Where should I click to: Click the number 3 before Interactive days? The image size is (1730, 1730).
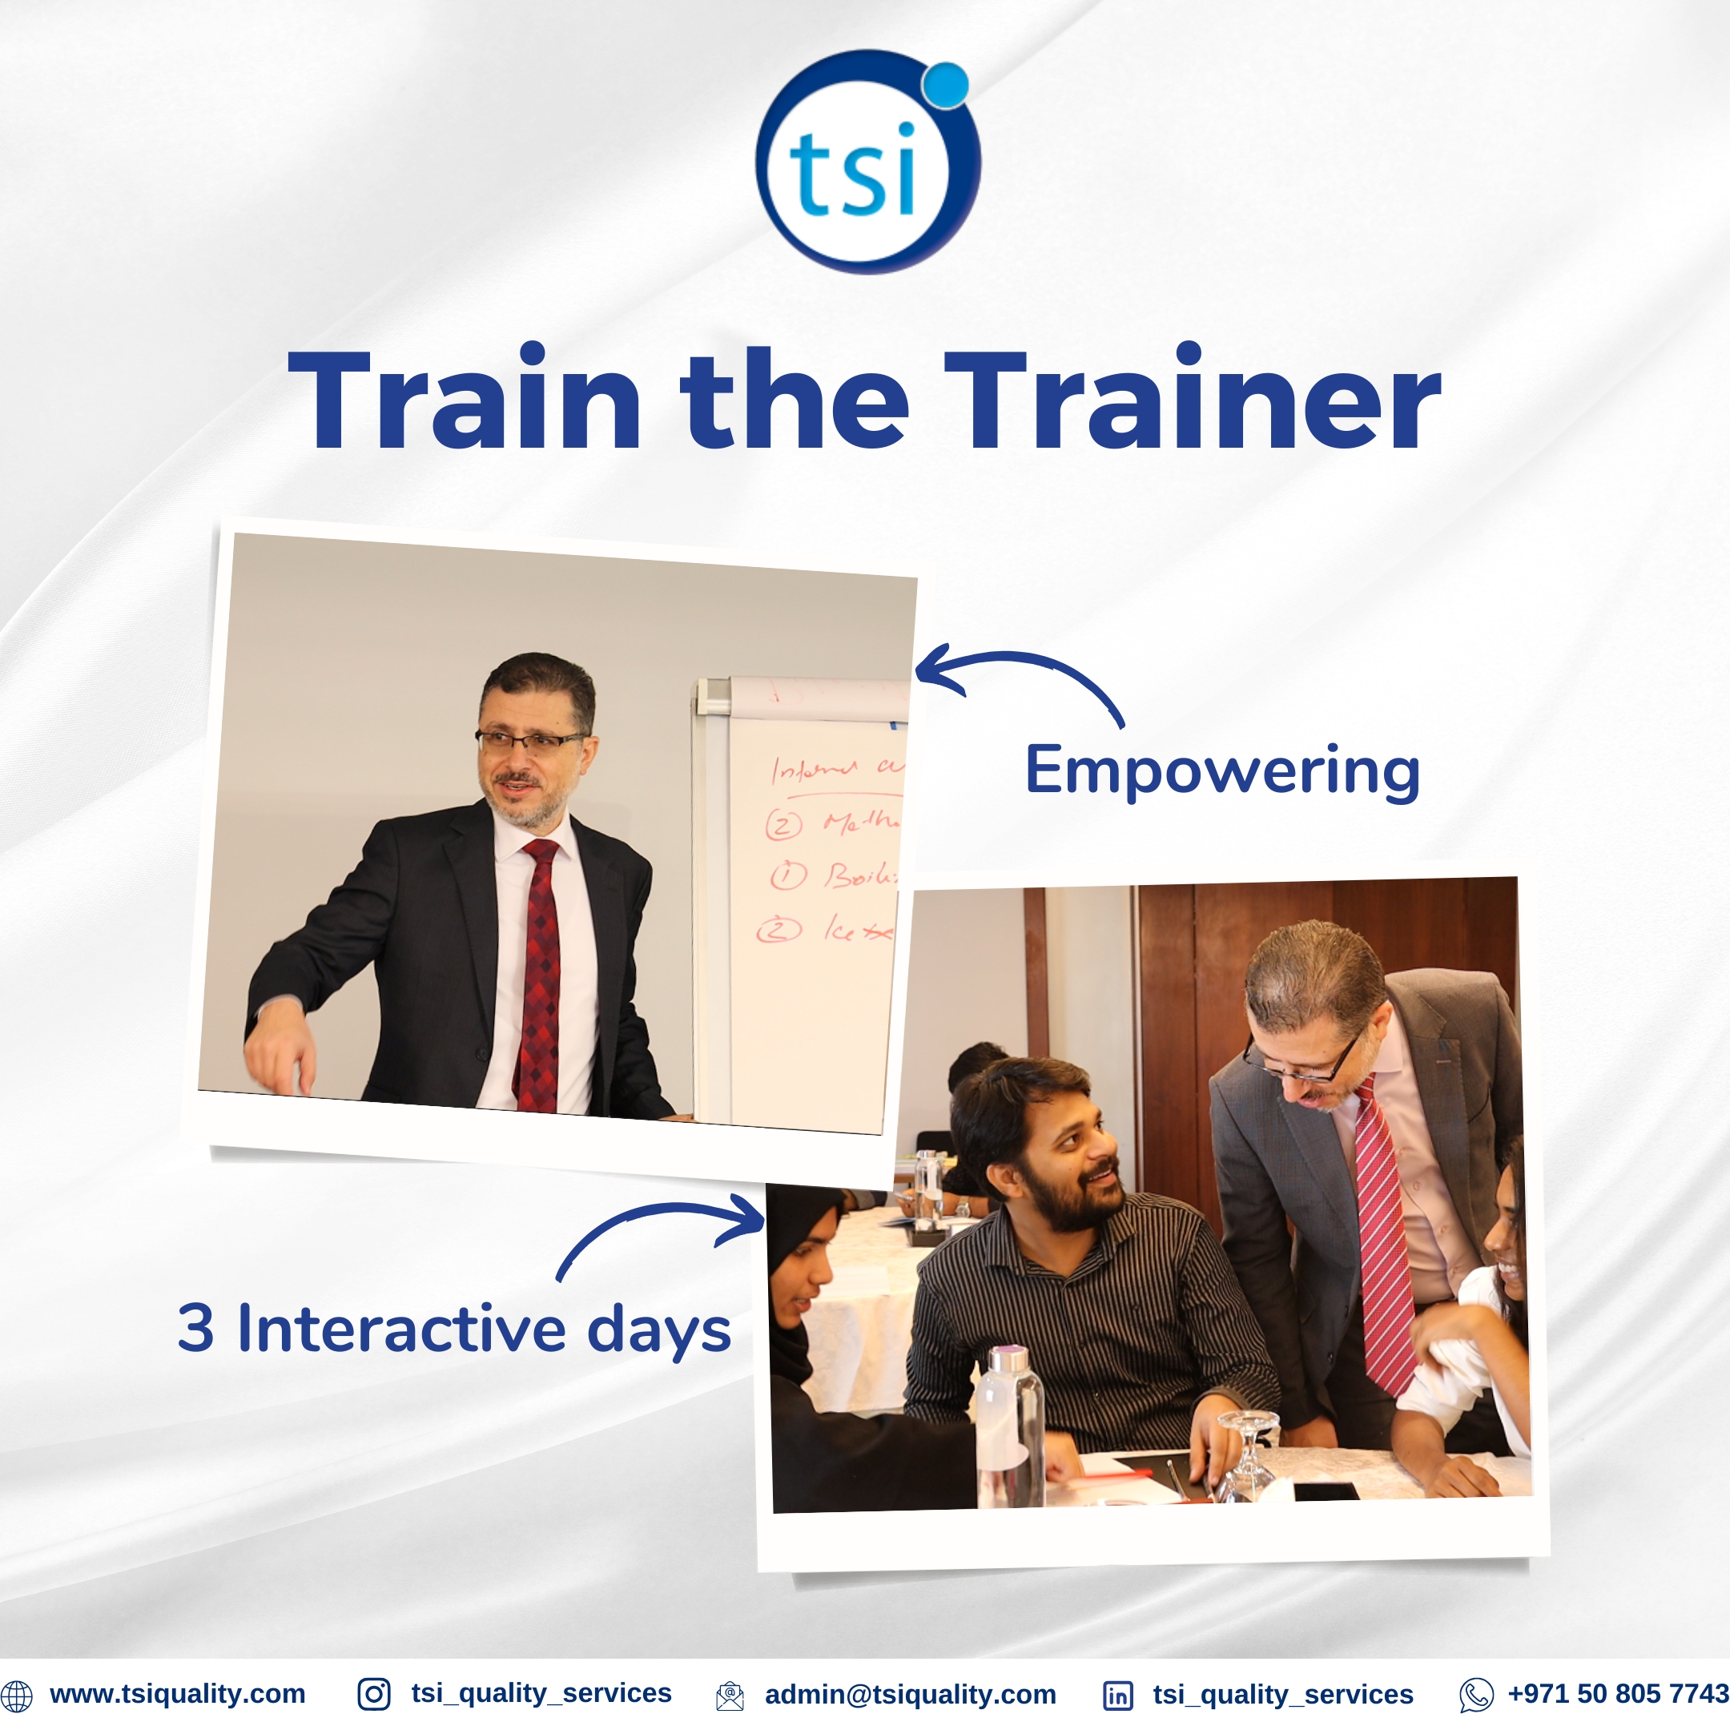[196, 1328]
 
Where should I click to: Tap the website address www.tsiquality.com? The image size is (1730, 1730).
[177, 1693]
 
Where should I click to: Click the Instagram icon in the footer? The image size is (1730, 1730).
[373, 1694]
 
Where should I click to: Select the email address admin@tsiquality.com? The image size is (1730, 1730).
[910, 1694]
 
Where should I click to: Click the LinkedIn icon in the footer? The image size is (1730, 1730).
[1117, 1695]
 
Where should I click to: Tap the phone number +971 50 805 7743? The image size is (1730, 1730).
[1617, 1693]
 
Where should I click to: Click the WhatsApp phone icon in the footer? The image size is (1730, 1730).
[1475, 1695]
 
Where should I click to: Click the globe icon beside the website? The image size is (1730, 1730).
[16, 1695]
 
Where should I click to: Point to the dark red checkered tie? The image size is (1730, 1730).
[539, 976]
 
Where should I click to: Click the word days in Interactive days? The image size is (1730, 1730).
[659, 1330]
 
